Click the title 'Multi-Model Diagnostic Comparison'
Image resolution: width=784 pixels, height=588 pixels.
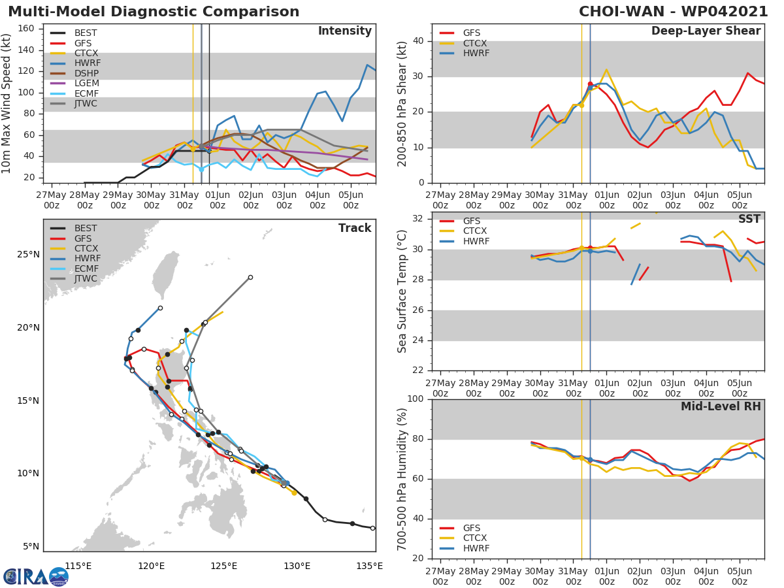tap(154, 12)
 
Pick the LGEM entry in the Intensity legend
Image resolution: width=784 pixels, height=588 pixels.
tap(87, 83)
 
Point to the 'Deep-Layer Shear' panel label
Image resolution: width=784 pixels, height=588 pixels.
tap(706, 31)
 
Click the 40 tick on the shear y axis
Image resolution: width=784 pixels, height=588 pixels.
tap(419, 41)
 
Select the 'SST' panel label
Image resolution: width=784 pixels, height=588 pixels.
tap(749, 220)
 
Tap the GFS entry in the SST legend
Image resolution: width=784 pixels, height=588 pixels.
tap(471, 221)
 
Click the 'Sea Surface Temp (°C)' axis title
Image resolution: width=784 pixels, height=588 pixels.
tap(402, 291)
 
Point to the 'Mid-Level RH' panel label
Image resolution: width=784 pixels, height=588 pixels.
tap(721, 406)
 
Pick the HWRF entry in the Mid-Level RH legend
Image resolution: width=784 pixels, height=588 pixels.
tap(476, 548)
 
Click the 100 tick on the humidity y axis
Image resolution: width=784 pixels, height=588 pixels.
tap(416, 399)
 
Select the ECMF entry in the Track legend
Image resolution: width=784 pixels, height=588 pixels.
tap(86, 269)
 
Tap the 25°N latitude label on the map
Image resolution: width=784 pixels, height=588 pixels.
tap(28, 254)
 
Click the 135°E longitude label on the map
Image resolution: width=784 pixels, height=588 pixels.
tap(370, 566)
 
